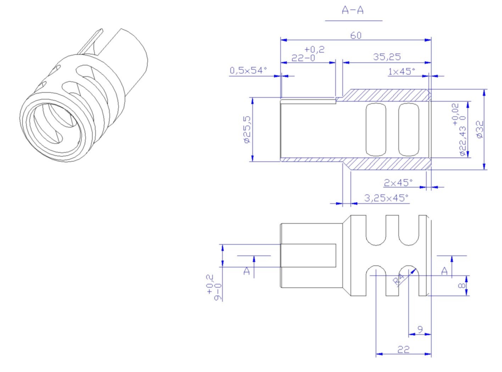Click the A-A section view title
[x=353, y=10]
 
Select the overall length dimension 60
[x=356, y=35]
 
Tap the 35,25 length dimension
[x=387, y=57]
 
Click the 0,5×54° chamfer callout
[x=248, y=71]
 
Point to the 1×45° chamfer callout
[x=401, y=72]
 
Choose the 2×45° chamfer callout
[x=398, y=183]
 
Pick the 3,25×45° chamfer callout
[x=386, y=198]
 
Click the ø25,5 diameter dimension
[x=247, y=130]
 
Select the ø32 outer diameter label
[x=480, y=130]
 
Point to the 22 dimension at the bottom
[x=403, y=350]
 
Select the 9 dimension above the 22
[x=420, y=330]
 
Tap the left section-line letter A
[x=247, y=272]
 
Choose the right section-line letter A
[x=445, y=272]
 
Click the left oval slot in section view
[x=376, y=130]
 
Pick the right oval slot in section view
[x=408, y=130]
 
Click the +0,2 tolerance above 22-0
[x=314, y=50]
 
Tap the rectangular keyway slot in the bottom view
[x=308, y=256]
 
